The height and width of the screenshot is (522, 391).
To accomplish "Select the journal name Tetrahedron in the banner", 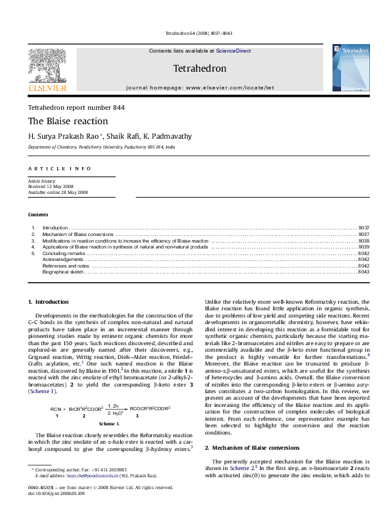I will [x=199, y=68].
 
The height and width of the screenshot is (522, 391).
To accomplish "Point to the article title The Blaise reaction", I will [x=68, y=121].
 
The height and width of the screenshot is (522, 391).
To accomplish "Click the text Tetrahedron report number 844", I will [x=76, y=107].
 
